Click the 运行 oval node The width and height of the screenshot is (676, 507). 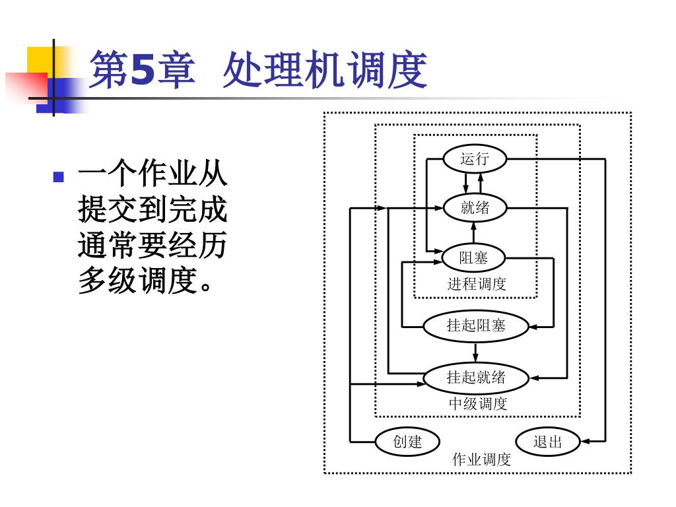click(475, 158)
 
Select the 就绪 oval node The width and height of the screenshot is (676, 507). click(475, 208)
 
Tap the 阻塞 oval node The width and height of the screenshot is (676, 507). click(474, 258)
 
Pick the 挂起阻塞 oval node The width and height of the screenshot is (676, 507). click(475, 326)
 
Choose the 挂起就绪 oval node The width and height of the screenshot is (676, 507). click(475, 378)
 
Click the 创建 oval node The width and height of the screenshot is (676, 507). click(407, 442)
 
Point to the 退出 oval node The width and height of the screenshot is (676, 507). click(548, 442)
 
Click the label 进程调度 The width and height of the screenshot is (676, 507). click(477, 284)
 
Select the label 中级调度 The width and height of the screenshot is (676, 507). click(478, 403)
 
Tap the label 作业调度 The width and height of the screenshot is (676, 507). click(481, 459)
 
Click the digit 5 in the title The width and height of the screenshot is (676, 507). click(142, 70)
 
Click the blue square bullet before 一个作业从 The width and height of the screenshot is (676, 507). click(59, 177)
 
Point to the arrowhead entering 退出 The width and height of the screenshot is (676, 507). click(585, 442)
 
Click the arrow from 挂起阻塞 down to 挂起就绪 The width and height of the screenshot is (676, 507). click(475, 353)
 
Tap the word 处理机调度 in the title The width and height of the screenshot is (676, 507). click(325, 70)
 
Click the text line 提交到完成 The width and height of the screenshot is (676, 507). click(152, 209)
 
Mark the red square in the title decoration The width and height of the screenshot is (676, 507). click(26, 87)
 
